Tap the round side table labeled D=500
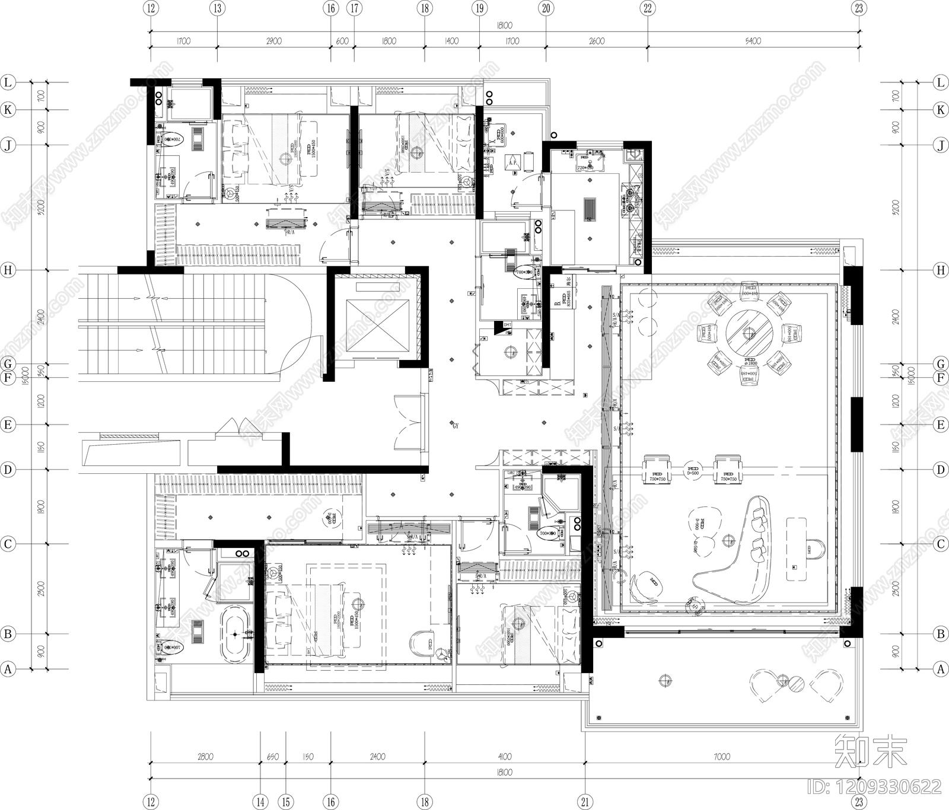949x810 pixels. click(692, 470)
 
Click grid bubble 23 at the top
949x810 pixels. click(859, 8)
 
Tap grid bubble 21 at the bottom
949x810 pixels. click(585, 802)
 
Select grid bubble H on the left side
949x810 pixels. click(8, 270)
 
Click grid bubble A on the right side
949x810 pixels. click(940, 669)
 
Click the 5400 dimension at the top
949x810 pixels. click(752, 41)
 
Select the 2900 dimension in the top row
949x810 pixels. click(273, 41)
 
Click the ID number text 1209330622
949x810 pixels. click(874, 787)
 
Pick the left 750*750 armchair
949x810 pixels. click(657, 470)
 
